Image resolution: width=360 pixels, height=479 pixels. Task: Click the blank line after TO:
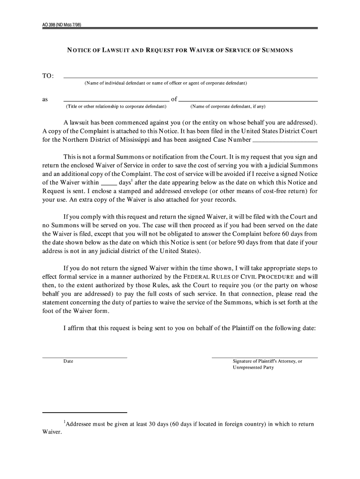click(x=190, y=77)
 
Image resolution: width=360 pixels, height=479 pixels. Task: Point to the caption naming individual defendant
click(x=166, y=83)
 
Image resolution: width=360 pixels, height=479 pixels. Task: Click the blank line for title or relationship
click(x=116, y=100)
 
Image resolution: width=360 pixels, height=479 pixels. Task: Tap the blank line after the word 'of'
click(x=248, y=100)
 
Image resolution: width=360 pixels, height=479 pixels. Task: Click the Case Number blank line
click(x=285, y=141)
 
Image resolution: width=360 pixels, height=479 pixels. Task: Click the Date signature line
click(x=85, y=357)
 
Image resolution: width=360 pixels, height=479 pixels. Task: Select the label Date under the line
click(x=68, y=361)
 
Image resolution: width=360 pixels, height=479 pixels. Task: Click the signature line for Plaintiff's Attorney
click(x=265, y=357)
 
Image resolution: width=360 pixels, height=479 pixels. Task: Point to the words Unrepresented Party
click(x=253, y=368)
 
